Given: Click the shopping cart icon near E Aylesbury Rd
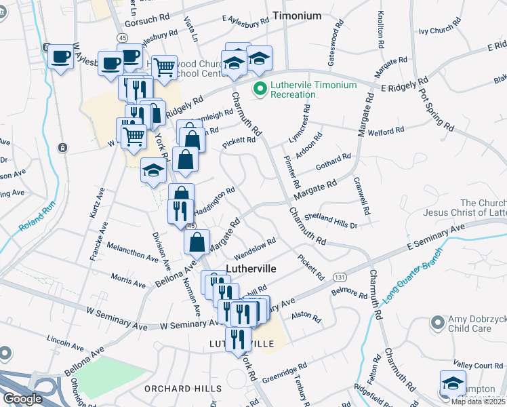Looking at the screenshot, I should tap(164, 66).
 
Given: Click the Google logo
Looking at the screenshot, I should tap(22, 399).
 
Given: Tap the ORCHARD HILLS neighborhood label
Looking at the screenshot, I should tap(183, 389).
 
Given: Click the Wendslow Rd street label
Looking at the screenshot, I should tap(255, 249).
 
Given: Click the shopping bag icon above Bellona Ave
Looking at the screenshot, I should tap(196, 241).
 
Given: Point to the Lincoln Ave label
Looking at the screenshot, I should tap(66, 339).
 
